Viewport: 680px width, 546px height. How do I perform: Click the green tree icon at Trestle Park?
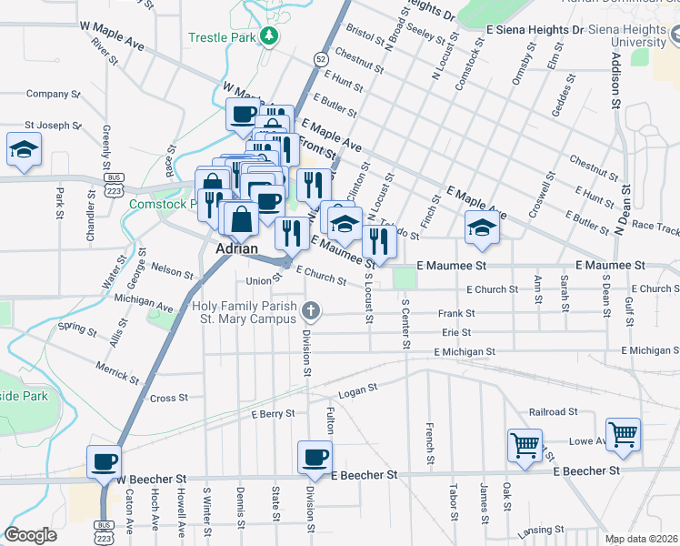tap(269, 36)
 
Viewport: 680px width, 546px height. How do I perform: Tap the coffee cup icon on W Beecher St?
tap(104, 460)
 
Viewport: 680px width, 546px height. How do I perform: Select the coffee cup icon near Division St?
tap(315, 456)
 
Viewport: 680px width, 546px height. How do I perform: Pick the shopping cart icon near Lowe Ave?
tap(624, 434)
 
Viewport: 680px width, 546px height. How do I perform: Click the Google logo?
tap(30, 535)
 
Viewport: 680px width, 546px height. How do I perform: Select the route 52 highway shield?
tap(321, 59)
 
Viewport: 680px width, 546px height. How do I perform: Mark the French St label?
tap(427, 440)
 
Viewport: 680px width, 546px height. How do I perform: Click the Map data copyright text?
tap(640, 539)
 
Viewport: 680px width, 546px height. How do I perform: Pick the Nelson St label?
tap(172, 270)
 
